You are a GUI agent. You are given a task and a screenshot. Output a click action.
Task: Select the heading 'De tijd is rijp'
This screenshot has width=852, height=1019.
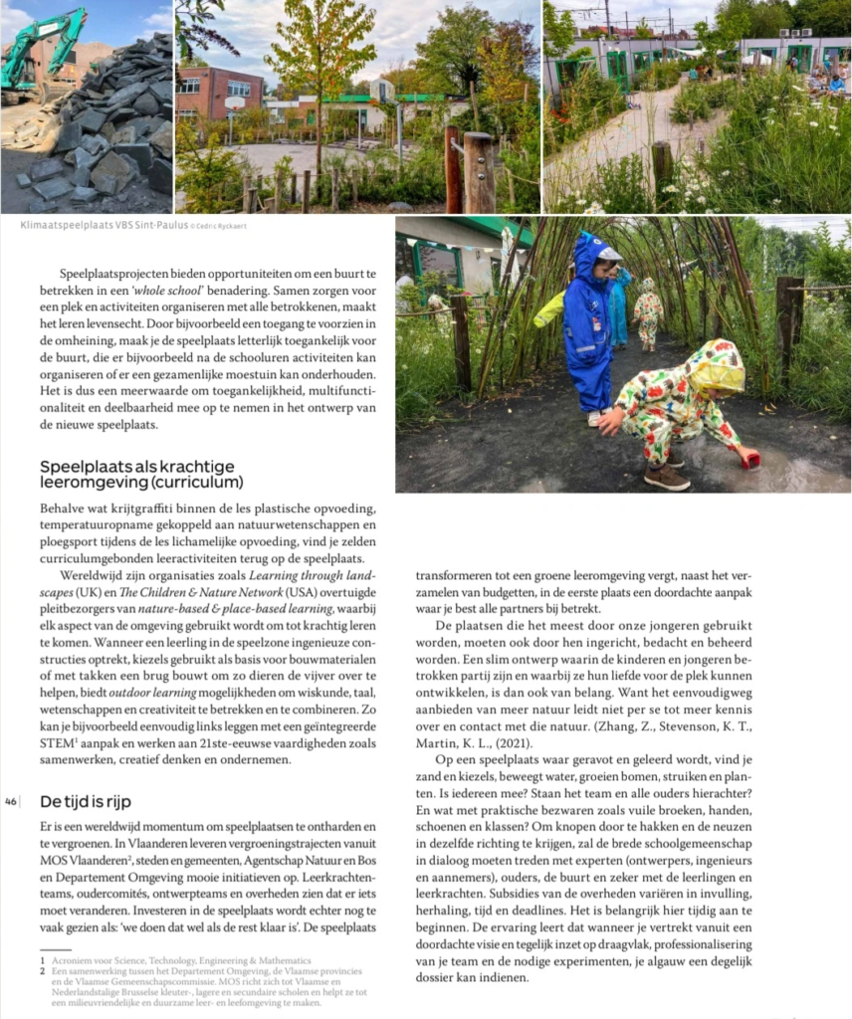point(86,801)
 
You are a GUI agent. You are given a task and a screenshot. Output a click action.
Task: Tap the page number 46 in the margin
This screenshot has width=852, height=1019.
point(11,801)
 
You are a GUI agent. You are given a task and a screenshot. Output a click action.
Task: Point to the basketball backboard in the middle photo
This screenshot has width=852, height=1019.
point(234,102)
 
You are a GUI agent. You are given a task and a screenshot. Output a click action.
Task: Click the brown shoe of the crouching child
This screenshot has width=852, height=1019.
point(667,479)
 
